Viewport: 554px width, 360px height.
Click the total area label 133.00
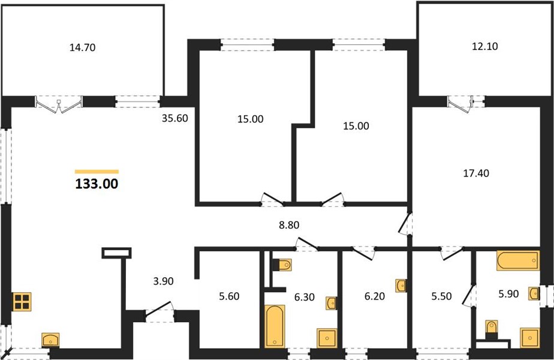pyautogui.click(x=97, y=184)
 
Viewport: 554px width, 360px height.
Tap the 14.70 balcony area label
pyautogui.click(x=82, y=47)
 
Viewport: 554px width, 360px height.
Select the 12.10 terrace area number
pyautogui.click(x=484, y=46)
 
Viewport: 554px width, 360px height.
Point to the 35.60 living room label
pyautogui.click(x=175, y=118)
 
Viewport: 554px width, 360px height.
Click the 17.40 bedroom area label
pyautogui.click(x=476, y=173)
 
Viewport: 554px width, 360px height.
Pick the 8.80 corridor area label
pyautogui.click(x=289, y=225)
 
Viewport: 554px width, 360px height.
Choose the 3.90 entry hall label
pyautogui.click(x=163, y=281)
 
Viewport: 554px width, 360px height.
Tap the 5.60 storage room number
pyautogui.click(x=229, y=296)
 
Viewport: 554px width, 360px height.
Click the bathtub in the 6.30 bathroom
pyautogui.click(x=275, y=326)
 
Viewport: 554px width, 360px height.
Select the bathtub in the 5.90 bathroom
pyautogui.click(x=518, y=260)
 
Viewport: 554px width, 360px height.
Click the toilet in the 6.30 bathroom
pyautogui.click(x=282, y=265)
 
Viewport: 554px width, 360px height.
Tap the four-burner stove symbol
pyautogui.click(x=22, y=302)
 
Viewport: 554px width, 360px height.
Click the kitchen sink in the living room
pyautogui.click(x=51, y=340)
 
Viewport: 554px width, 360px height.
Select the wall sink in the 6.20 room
pyautogui.click(x=401, y=286)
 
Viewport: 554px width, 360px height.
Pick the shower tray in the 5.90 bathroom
pyautogui.click(x=529, y=338)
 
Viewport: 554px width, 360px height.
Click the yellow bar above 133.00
pyautogui.click(x=97, y=172)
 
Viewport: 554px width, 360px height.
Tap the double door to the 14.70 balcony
pyautogui.click(x=59, y=104)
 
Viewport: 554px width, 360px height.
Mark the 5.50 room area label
pyautogui.click(x=441, y=296)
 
